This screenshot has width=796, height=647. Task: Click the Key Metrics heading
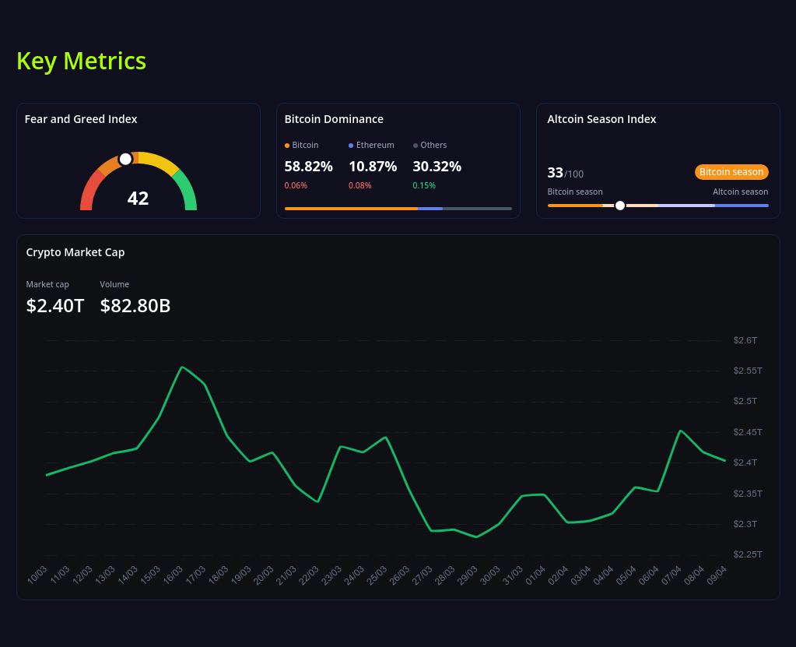81,61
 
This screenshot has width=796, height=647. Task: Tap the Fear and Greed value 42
138,199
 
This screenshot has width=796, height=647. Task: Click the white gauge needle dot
125,159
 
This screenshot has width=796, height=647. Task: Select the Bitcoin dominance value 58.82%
308,166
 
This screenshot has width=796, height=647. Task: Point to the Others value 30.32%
437,166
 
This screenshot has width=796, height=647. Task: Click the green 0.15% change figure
424,185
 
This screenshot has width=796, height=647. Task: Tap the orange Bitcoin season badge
731,172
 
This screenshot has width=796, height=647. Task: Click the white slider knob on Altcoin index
620,206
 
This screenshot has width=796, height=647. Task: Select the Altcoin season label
740,192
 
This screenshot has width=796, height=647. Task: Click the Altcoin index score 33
555,172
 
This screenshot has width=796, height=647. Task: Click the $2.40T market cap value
55,306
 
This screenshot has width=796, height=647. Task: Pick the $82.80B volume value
135,306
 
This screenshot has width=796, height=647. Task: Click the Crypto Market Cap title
75,252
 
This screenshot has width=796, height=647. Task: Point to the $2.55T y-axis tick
747,371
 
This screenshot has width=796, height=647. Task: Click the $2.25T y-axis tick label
747,554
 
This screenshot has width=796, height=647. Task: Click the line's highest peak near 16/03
182,367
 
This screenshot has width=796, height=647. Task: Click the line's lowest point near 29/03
476,537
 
